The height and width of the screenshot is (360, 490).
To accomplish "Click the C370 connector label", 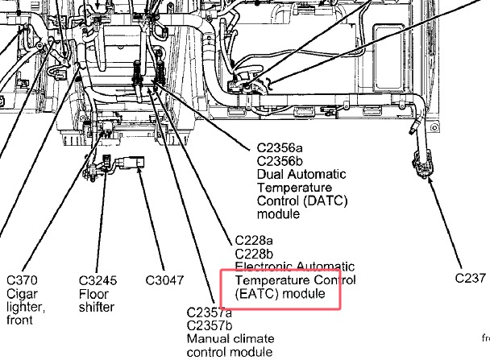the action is click(x=22, y=280).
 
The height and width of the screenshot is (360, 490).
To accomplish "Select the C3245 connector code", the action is click(x=98, y=280).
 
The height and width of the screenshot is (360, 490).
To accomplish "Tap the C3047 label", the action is click(x=164, y=280).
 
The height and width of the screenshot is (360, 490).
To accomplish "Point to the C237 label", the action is click(x=471, y=278).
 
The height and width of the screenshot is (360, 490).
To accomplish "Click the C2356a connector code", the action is click(x=280, y=147).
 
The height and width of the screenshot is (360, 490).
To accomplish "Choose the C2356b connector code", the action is click(x=280, y=161).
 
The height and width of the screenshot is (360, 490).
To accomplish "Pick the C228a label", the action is click(x=253, y=241).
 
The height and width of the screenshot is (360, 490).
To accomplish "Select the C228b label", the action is click(x=254, y=254).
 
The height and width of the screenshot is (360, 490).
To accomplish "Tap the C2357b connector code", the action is click(x=210, y=325).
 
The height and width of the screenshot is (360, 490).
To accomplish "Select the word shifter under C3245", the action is click(x=97, y=307).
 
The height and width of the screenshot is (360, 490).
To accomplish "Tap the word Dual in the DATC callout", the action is click(x=270, y=174).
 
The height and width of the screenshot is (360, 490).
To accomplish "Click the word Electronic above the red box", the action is click(x=264, y=267).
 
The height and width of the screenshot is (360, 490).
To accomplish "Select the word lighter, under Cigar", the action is click(x=26, y=308).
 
